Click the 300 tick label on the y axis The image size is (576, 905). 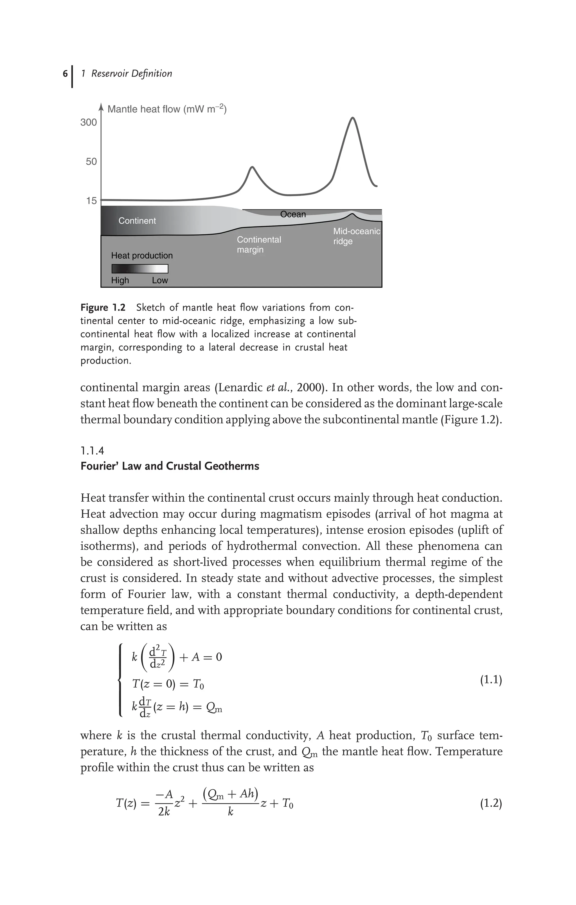tap(89, 123)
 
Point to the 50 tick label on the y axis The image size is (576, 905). tap(91, 161)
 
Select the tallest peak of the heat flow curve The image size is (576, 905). tap(352, 118)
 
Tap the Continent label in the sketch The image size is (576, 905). tap(137, 221)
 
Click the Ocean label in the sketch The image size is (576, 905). tap(293, 214)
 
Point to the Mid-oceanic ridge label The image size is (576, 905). tap(356, 236)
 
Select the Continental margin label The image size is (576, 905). tap(258, 244)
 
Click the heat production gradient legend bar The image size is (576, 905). tap(140, 268)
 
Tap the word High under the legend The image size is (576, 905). tap(120, 280)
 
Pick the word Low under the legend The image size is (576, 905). tap(160, 280)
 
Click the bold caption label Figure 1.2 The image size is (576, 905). tap(103, 307)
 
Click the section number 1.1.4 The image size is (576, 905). tap(93, 450)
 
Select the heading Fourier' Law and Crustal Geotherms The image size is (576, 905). tap(170, 466)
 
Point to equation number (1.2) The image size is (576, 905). tap(491, 803)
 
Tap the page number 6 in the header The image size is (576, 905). tap(65, 73)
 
